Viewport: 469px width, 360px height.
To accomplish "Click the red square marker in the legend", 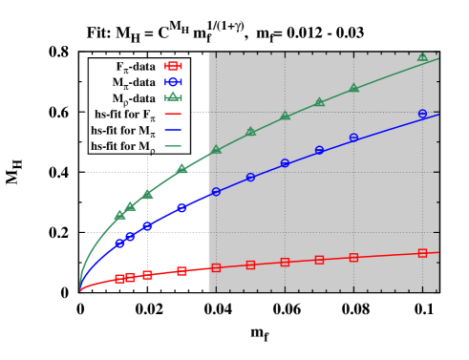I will tap(173, 67).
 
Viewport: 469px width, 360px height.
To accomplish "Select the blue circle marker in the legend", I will tap(173, 82).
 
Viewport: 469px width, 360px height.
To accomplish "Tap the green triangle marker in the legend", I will tap(173, 96).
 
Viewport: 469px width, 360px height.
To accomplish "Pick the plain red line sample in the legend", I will tap(173, 114).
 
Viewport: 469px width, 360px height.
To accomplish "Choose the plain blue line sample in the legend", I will tap(173, 130).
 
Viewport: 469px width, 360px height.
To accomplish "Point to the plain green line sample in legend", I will tap(173, 146).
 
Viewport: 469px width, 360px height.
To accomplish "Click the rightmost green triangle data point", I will tap(422, 56).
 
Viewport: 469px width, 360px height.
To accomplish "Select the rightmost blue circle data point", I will tap(422, 114).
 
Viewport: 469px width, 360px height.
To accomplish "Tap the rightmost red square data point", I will tap(422, 253).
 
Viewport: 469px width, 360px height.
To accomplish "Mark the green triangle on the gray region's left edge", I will tap(216, 149).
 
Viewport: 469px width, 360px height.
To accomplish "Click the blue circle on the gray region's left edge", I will tap(216, 192).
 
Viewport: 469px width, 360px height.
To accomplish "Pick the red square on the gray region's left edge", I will tap(216, 267).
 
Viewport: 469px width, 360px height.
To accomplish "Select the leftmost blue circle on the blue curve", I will tap(119, 243).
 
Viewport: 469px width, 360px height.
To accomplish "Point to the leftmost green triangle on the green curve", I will tap(119, 215).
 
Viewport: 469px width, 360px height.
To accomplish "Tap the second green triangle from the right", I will tap(353, 88).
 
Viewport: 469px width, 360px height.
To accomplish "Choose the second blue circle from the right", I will tap(353, 138).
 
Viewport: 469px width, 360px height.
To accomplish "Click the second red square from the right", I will tap(353, 257).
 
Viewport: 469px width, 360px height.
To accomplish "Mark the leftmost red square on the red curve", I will tap(119, 279).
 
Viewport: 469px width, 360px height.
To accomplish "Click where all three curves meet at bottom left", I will tap(80, 289).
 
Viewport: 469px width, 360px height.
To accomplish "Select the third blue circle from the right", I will tap(319, 150).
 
